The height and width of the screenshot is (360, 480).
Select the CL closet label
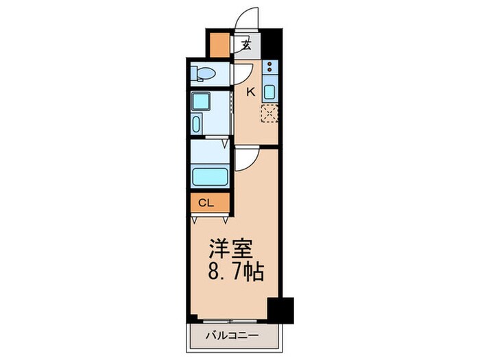[x=206, y=202]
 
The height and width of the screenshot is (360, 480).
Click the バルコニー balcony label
[x=231, y=336]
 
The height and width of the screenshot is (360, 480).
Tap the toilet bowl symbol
[x=204, y=73]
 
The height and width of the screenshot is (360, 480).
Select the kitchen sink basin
[x=269, y=92]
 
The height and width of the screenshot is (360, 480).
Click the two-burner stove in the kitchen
[x=269, y=68]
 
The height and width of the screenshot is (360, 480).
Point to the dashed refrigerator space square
[x=269, y=113]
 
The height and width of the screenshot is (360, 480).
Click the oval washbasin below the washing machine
[x=197, y=125]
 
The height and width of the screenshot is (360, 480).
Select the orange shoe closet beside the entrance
[x=220, y=45]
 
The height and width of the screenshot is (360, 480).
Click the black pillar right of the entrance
[x=273, y=45]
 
